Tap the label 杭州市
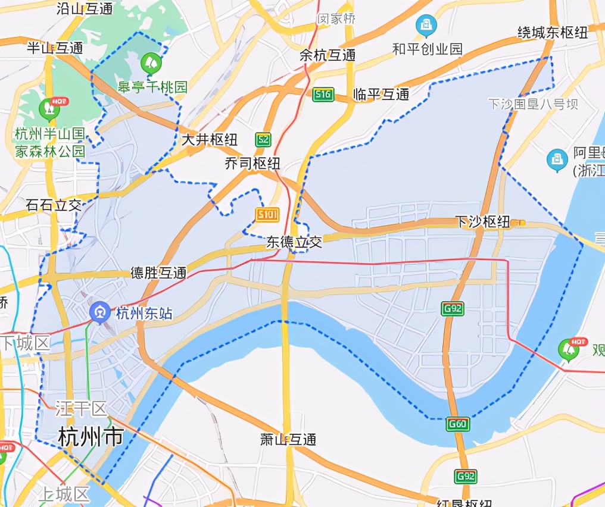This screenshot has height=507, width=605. point(91,437)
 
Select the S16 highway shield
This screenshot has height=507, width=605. point(323,94)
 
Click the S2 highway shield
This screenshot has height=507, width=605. point(263,140)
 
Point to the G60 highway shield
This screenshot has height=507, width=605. point(458,424)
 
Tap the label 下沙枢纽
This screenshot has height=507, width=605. point(482,222)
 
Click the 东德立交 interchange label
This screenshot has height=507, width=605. point(294,242)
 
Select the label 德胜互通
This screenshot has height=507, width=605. point(158,273)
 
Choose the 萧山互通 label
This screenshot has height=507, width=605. point(288,440)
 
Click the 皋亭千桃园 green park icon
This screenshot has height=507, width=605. point(148,61)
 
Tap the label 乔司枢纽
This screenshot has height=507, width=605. point(252,164)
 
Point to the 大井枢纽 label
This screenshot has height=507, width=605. point(209,140)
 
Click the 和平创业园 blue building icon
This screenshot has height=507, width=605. point(426,25)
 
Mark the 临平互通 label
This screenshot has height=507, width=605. point(381,94)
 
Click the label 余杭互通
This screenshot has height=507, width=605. point(328,55)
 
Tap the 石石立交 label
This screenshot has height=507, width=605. point(54,205)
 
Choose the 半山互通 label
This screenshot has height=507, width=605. point(55,48)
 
